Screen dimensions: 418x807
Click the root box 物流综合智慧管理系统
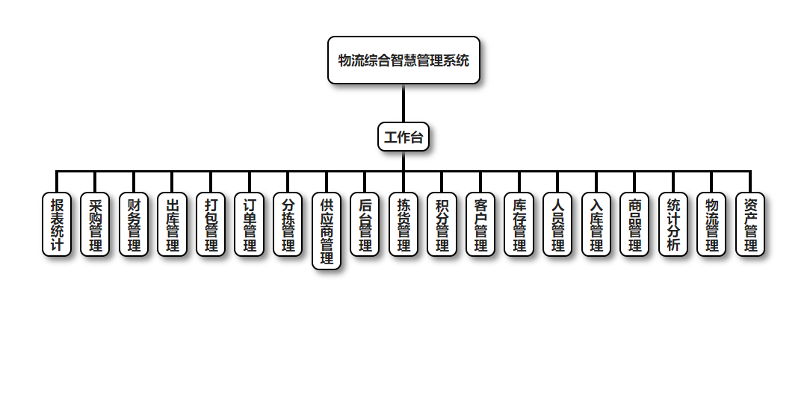(403, 60)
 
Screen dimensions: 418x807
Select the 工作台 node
(403, 137)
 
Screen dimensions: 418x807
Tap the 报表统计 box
(57, 225)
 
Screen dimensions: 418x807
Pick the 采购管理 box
(96, 225)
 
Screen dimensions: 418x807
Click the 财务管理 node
(134, 225)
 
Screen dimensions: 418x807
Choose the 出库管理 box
(173, 225)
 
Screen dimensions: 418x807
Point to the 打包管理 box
(211, 225)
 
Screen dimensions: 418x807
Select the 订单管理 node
(250, 225)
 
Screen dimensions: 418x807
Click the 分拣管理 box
(288, 225)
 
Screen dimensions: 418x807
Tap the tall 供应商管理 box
(327, 231)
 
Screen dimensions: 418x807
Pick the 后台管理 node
(365, 225)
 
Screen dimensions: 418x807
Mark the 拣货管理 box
(403, 225)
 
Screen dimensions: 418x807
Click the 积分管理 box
(442, 225)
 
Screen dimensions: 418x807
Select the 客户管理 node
(480, 225)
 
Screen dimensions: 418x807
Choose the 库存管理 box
(519, 225)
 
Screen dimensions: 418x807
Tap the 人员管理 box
(557, 225)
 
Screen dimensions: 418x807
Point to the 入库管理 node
(596, 225)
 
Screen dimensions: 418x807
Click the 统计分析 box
(673, 225)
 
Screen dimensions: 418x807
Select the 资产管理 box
(750, 225)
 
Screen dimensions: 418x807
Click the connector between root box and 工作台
(403, 103)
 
